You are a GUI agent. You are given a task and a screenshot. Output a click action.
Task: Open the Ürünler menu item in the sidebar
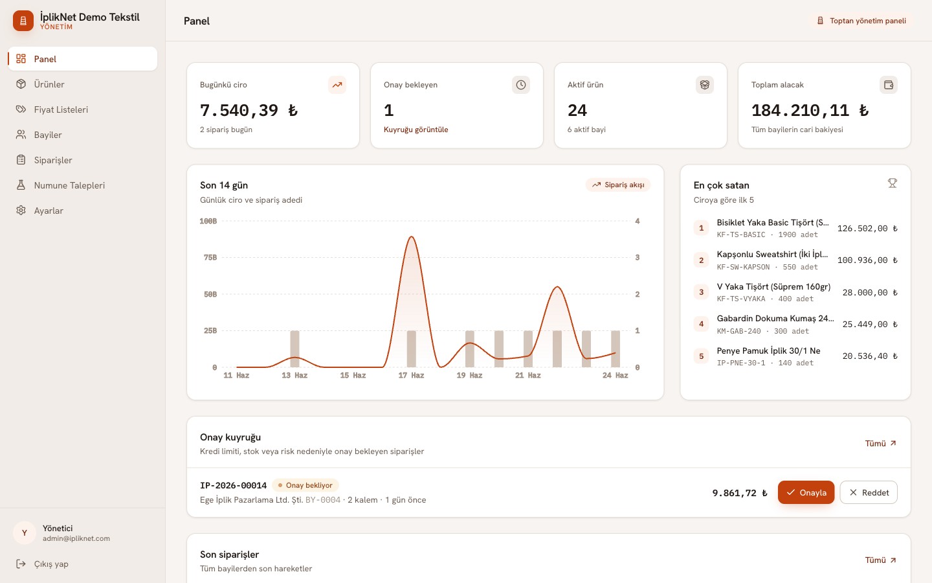(x=49, y=84)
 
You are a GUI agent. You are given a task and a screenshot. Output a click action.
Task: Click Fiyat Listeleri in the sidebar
(x=61, y=109)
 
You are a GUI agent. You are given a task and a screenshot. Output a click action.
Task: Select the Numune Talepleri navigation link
(x=69, y=185)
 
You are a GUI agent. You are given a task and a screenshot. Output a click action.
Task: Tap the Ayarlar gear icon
(x=21, y=211)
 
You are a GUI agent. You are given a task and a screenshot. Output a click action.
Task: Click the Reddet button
(x=869, y=492)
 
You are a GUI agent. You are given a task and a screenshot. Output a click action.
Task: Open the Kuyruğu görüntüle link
(x=416, y=130)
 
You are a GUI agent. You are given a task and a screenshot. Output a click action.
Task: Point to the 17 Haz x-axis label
(x=411, y=375)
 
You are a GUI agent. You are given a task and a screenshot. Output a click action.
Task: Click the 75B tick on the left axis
(x=210, y=257)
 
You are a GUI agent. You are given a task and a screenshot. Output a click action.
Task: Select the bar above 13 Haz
(x=294, y=349)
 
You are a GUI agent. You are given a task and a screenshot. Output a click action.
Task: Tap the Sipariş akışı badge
(x=618, y=185)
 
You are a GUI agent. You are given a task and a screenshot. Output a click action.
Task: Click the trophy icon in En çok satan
(x=892, y=183)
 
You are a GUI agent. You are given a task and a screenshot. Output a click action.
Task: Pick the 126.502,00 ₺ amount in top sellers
(x=867, y=228)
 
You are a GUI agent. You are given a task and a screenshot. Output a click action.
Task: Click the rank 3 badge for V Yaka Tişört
(x=701, y=292)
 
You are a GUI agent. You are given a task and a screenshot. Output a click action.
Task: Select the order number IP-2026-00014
(x=233, y=485)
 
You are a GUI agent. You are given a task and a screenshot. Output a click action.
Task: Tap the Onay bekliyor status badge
(x=305, y=485)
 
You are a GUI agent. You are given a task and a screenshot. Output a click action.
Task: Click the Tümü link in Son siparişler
(x=880, y=560)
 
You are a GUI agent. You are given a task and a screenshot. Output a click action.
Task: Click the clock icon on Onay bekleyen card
(x=521, y=85)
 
